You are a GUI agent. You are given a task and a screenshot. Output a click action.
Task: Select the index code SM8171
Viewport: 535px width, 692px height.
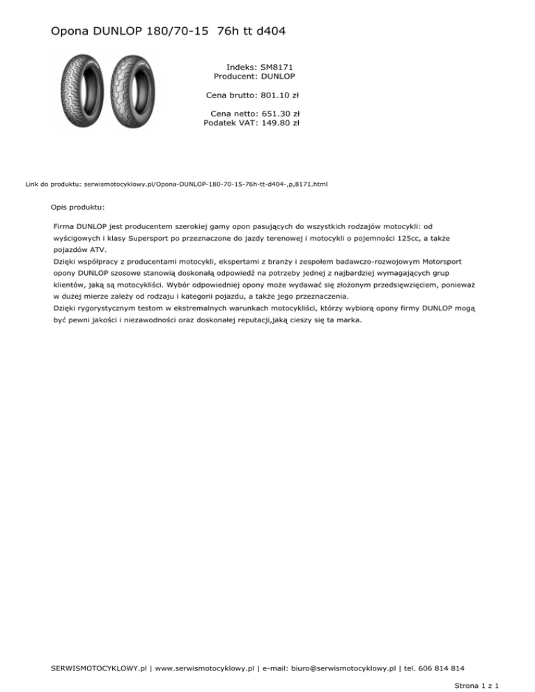pos(277,67)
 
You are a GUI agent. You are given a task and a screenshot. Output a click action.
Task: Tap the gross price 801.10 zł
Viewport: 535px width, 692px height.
pos(280,95)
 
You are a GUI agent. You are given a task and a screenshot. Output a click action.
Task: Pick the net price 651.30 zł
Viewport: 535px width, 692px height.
pos(280,113)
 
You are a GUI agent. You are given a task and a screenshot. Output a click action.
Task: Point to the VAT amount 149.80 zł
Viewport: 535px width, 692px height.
pos(280,123)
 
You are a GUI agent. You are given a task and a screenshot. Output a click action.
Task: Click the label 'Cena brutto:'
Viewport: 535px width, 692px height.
pos(232,95)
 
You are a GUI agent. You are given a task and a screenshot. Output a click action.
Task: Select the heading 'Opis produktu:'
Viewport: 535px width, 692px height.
pos(78,207)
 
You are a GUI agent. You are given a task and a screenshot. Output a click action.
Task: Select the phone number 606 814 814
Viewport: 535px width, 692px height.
pos(440,668)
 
